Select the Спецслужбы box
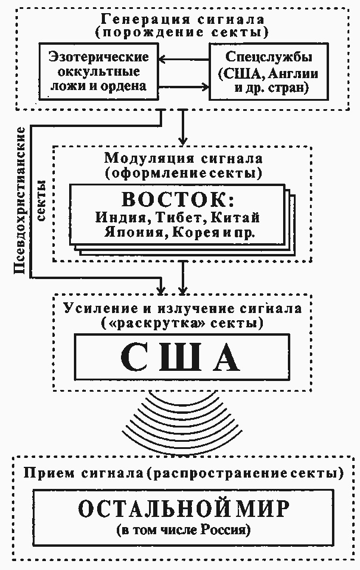(263, 73)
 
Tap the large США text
(181, 358)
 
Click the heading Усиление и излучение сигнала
(182, 309)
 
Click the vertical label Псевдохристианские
(20, 200)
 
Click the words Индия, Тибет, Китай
(178, 217)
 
